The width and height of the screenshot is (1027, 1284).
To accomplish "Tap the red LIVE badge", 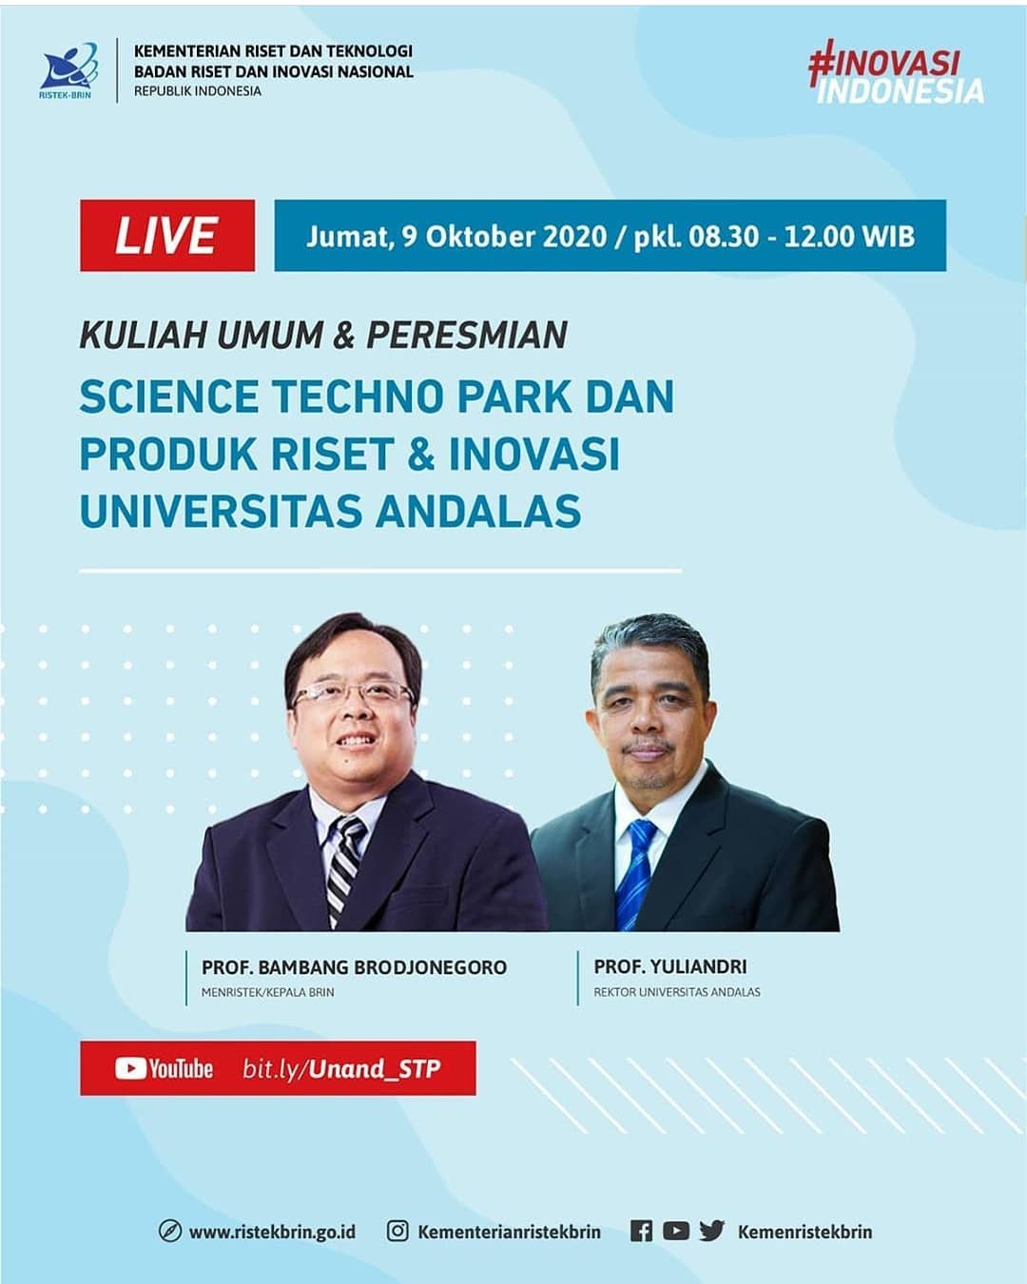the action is click(167, 235).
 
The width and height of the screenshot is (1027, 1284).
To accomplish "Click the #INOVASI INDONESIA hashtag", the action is click(896, 72).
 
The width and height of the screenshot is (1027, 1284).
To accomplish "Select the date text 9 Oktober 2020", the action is click(504, 236).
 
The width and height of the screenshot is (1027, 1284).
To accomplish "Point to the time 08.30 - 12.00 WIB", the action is click(802, 236).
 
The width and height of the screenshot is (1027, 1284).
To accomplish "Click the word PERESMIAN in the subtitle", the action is click(467, 335).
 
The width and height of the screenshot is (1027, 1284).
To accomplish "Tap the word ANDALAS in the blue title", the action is click(478, 511).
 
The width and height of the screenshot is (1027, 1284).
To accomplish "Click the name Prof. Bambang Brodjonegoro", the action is click(354, 966).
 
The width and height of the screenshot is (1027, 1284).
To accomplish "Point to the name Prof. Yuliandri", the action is click(669, 966).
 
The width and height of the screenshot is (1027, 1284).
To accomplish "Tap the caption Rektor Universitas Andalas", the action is click(677, 992).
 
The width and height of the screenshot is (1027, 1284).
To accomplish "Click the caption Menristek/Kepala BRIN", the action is click(268, 992).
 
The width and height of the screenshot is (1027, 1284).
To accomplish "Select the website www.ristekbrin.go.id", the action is click(272, 1232).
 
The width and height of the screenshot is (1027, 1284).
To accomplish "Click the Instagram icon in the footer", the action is click(397, 1231).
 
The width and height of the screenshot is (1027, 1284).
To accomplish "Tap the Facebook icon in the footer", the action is click(641, 1231).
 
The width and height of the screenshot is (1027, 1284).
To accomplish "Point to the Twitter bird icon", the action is click(712, 1231).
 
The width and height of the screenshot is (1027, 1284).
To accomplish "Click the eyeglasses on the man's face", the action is click(354, 693).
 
